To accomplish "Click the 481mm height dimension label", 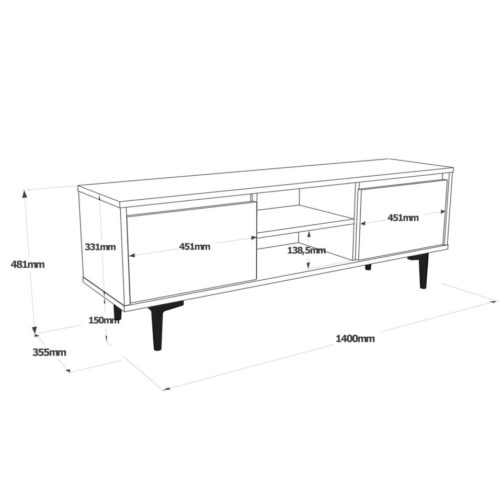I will pos(28,265).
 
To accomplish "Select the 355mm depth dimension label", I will pos(49,352).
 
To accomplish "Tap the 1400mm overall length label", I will pos(355,339).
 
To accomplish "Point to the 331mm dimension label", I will pos(100,247).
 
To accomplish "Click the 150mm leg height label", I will pos(104,321).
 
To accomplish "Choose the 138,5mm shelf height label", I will pos(306,250).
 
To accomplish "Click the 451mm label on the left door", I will pos(195,247).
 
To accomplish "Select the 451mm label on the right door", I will pos(403,218).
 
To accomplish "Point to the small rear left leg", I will pos(118,313).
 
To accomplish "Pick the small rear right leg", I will pos(368,267).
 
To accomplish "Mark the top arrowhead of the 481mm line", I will pos(25,192).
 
